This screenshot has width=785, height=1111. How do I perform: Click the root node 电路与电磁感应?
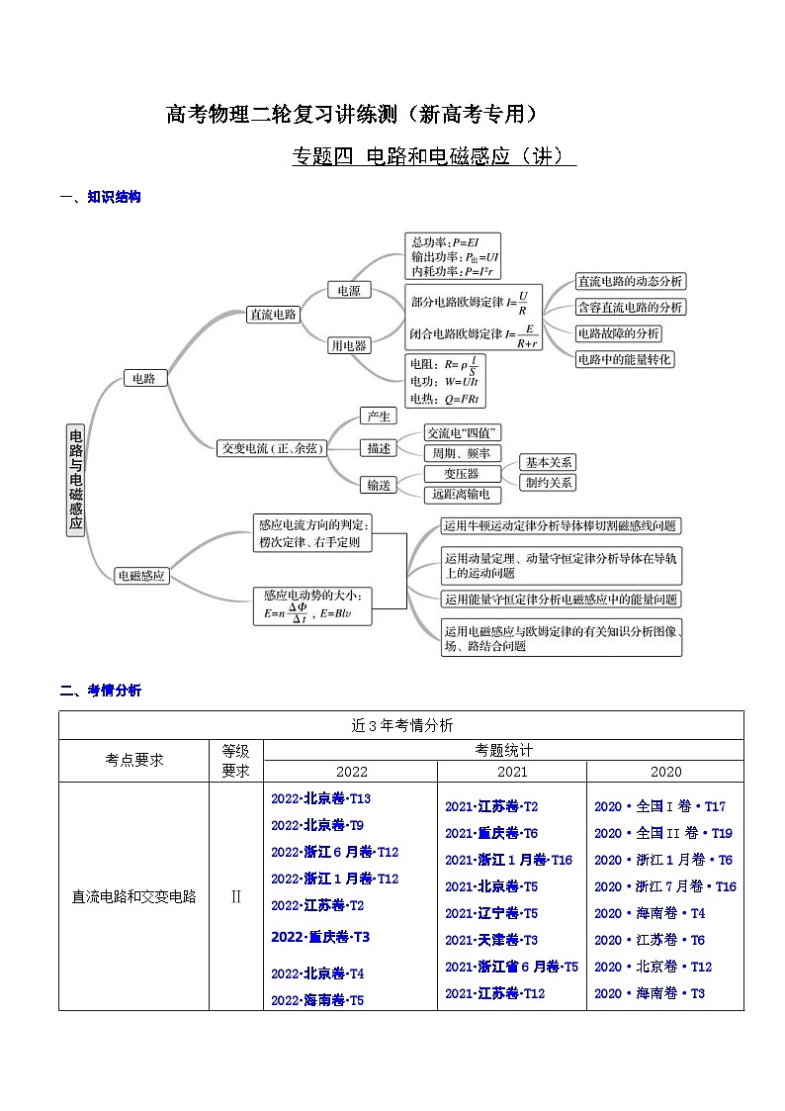[76, 480]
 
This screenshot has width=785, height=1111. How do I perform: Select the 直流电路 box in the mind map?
[272, 314]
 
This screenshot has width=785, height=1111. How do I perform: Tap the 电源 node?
[348, 290]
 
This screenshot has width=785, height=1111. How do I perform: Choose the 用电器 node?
[348, 345]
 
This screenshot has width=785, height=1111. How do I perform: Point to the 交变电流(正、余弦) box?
[270, 448]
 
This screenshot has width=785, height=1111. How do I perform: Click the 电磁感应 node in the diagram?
[141, 575]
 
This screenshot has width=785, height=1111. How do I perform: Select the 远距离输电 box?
[461, 494]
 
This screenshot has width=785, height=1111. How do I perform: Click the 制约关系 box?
[550, 483]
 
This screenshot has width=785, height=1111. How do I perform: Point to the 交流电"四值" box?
[463, 433]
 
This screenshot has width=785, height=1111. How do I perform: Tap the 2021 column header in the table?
[512, 772]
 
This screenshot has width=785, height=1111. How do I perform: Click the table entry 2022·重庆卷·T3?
[320, 937]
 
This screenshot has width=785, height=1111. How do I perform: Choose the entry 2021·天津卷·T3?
[491, 940]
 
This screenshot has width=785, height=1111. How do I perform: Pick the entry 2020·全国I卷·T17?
[659, 806]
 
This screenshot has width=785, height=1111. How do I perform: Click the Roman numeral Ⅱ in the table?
[235, 897]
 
